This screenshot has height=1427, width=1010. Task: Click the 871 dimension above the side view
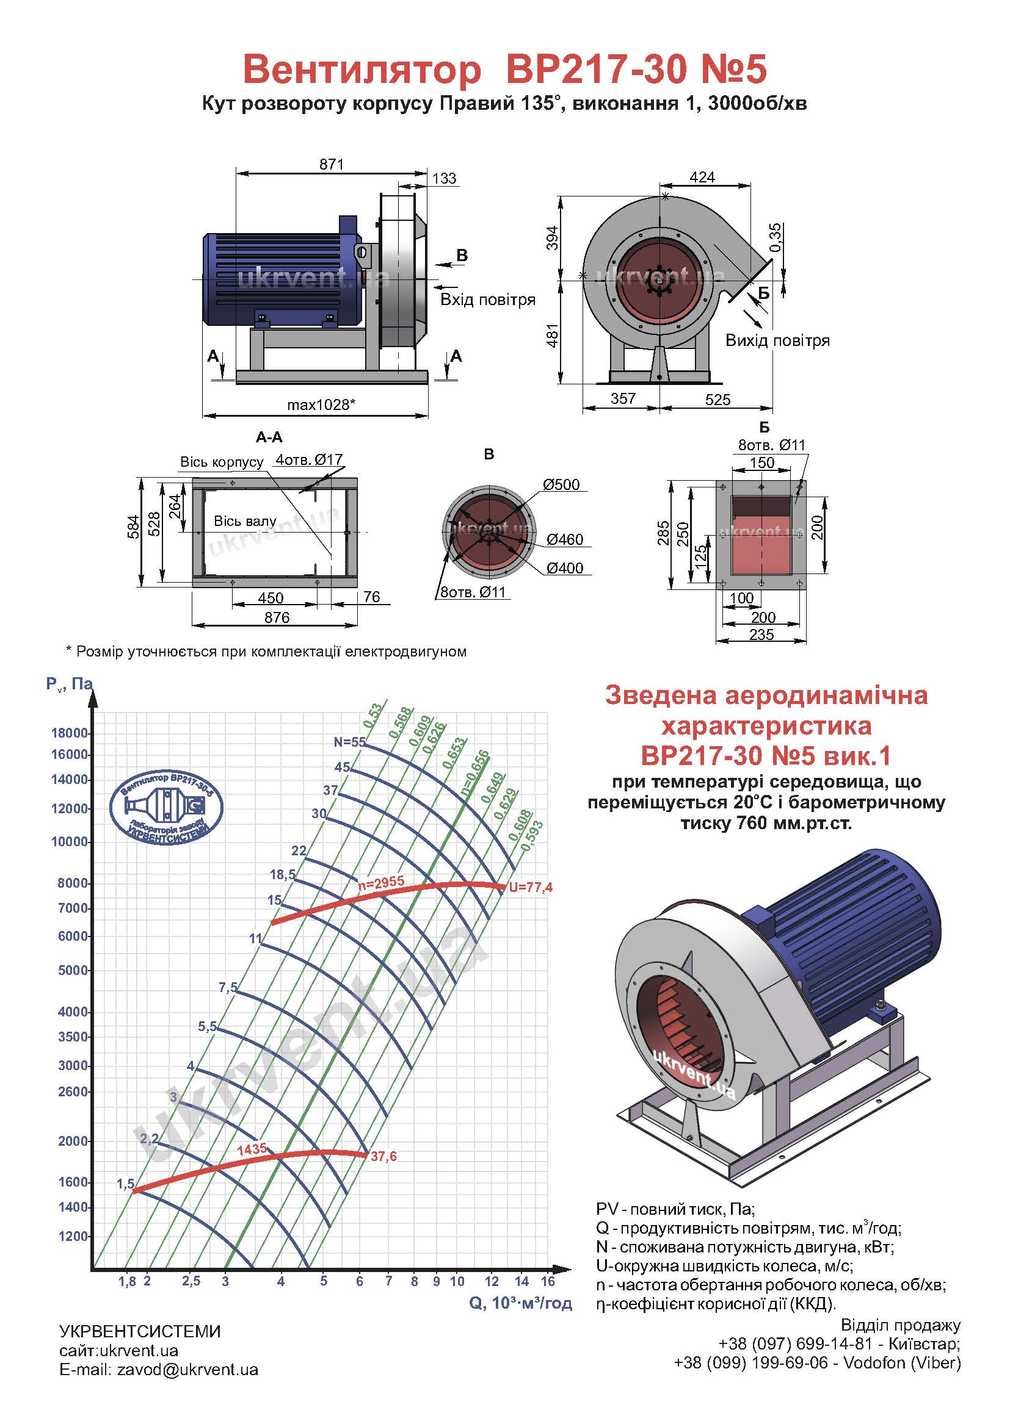332,164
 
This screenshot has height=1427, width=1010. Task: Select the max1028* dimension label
321,404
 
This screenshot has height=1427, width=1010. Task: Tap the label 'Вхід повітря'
489,300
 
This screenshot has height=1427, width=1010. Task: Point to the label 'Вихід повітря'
777,340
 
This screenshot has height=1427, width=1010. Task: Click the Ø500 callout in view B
561,484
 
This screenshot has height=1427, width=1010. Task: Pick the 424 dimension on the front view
702,177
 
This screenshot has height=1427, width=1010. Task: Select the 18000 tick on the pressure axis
70,733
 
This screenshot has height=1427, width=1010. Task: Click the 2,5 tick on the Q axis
191,1281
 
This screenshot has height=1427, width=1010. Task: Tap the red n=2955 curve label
381,882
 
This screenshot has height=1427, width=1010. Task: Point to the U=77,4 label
531,888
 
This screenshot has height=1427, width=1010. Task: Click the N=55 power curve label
349,741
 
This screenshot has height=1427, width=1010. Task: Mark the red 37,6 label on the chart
383,1157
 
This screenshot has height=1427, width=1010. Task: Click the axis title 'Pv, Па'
69,685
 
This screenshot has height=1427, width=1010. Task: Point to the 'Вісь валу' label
245,521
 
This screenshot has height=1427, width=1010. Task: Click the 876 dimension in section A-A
277,617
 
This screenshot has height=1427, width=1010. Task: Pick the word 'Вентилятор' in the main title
362,69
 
